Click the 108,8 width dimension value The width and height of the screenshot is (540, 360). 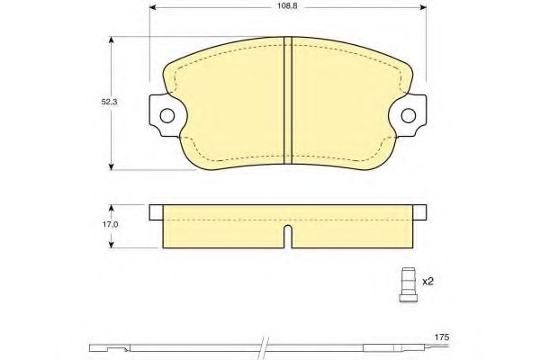[287, 6]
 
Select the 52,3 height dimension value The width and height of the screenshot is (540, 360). [109, 102]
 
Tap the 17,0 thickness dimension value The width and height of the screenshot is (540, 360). [110, 224]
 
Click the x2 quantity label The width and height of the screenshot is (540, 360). [427, 282]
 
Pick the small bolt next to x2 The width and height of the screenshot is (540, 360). [408, 285]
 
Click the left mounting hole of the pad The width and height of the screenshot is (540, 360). [167, 115]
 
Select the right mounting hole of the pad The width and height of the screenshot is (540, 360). [409, 115]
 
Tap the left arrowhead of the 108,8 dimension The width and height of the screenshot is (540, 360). [153, 7]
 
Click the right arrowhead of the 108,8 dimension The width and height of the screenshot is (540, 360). [423, 7]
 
